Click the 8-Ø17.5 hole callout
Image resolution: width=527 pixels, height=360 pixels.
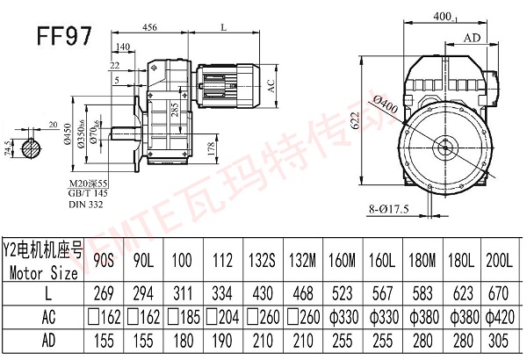pos(391,210)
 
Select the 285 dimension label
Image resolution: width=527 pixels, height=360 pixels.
pos(177,109)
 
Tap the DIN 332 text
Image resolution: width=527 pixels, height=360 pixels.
pos(85,205)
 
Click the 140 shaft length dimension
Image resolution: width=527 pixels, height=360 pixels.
pos(123,47)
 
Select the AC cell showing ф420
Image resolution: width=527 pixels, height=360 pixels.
pos(503,313)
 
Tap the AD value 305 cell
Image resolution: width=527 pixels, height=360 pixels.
pos(503,339)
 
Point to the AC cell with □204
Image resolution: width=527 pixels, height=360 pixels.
pos(219,313)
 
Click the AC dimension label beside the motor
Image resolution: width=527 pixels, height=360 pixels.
pos(271,86)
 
